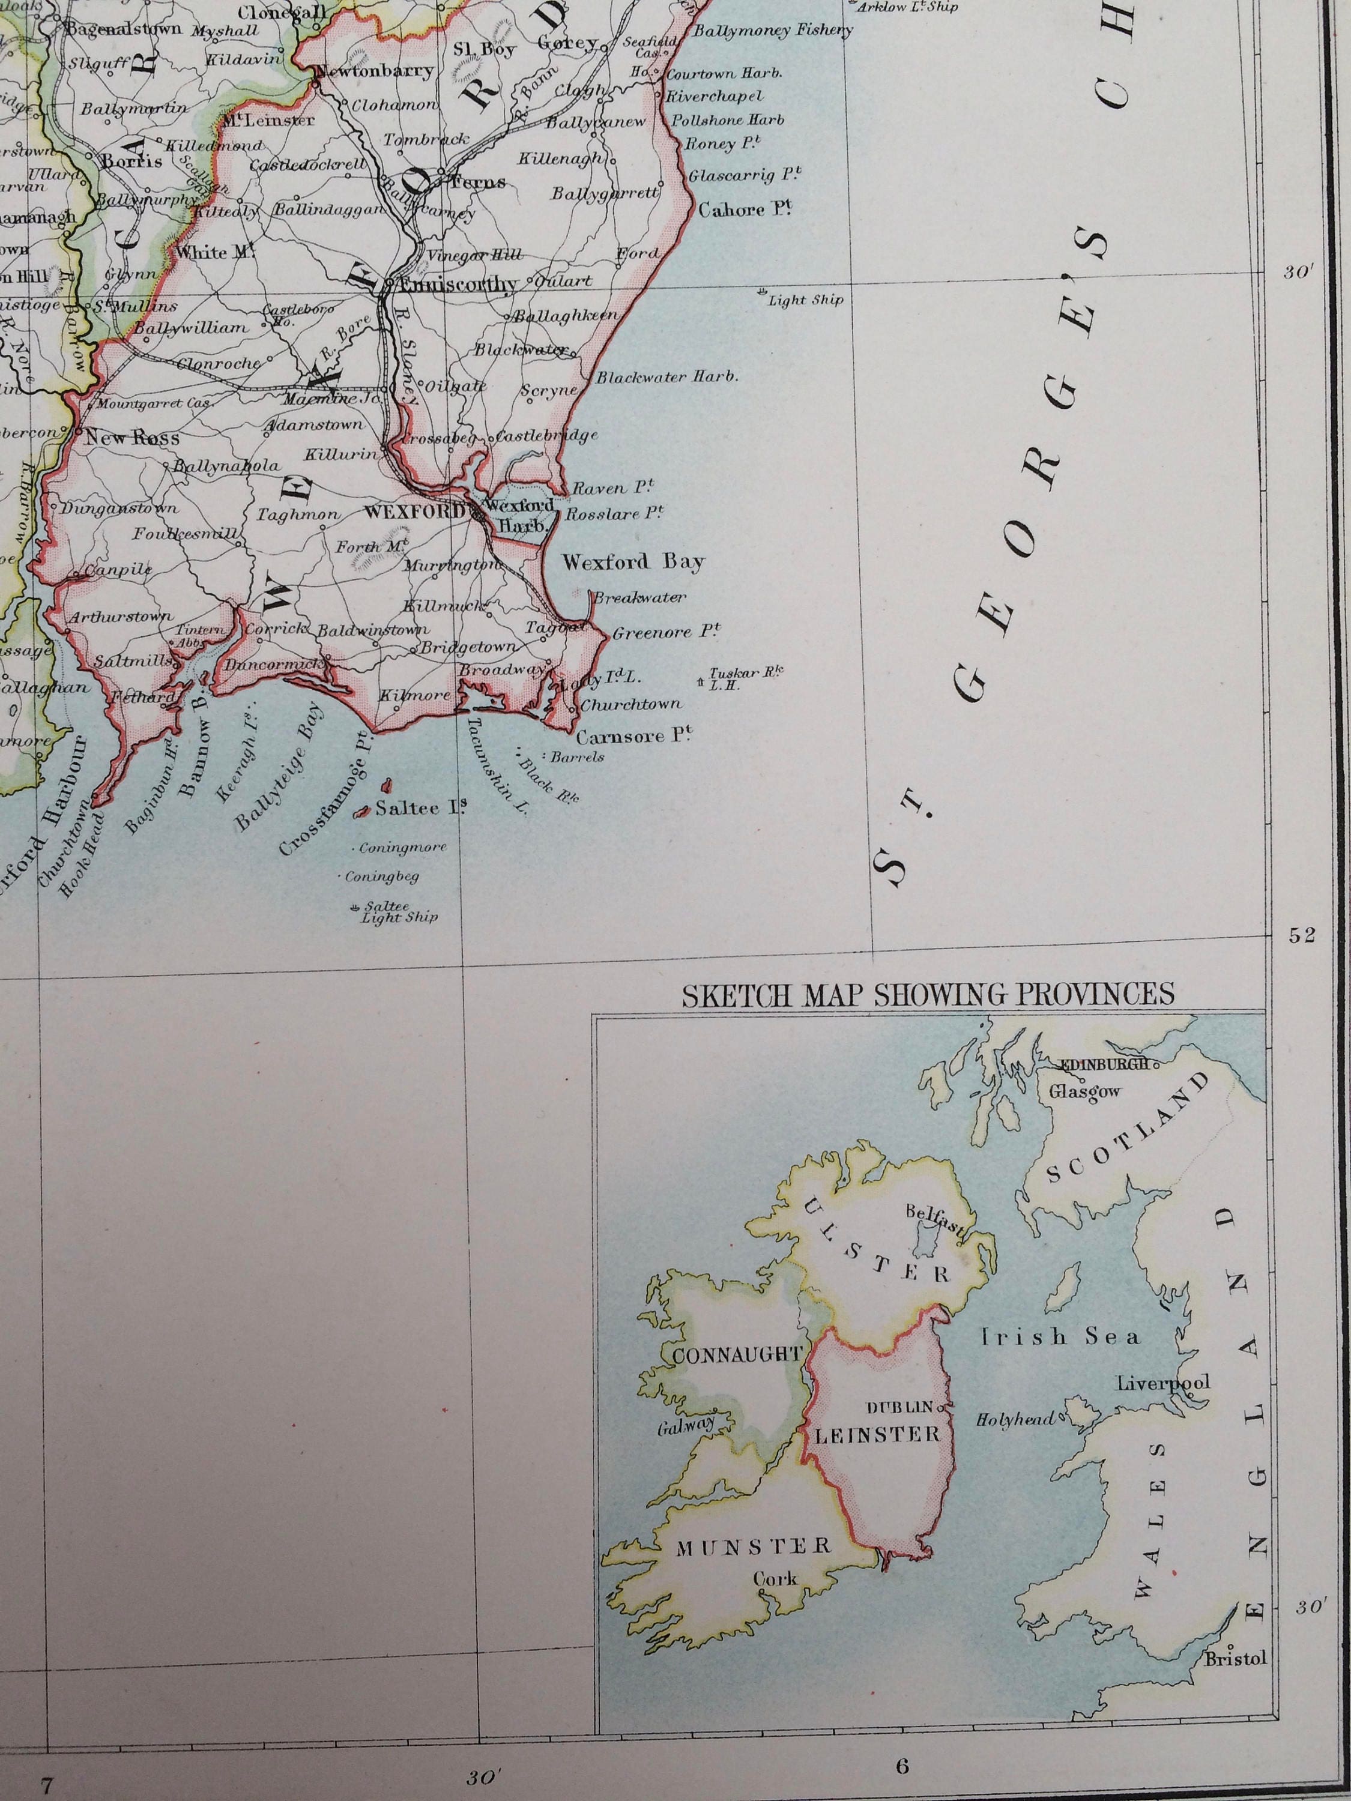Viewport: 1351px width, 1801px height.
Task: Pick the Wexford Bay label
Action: coord(633,562)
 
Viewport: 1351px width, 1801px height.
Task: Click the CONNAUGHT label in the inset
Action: coord(737,1355)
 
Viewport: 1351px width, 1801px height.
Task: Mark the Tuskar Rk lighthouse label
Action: coord(734,678)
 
